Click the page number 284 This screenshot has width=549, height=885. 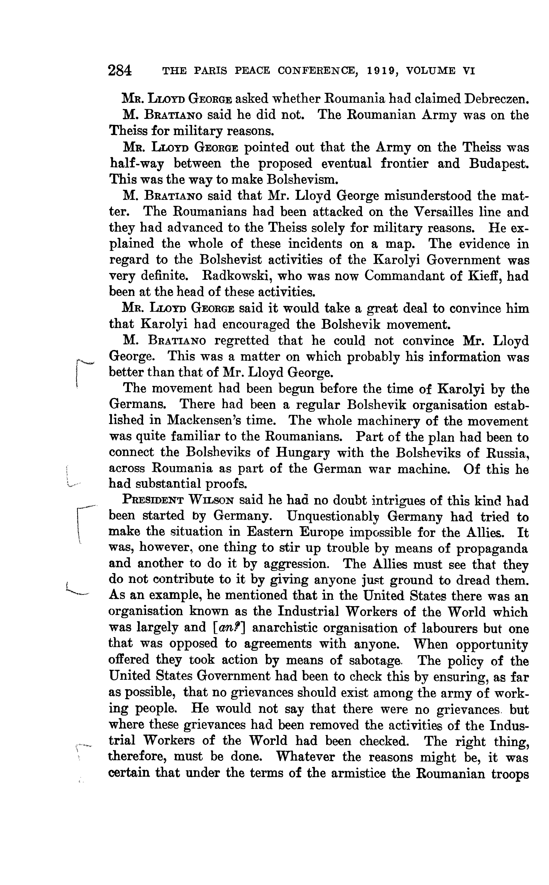coord(120,70)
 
